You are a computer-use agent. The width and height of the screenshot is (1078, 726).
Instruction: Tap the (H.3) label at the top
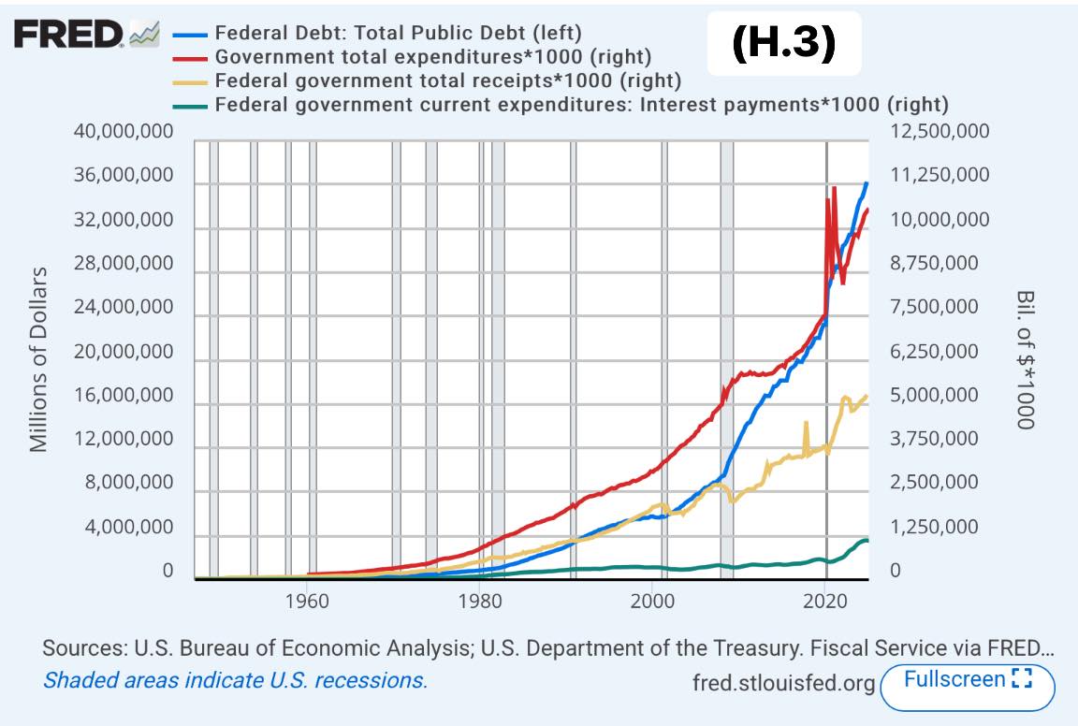[x=782, y=43]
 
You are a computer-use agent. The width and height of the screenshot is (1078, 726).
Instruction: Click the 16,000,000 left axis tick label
[x=124, y=396]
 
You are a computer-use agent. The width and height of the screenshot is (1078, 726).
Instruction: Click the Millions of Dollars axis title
[x=38, y=359]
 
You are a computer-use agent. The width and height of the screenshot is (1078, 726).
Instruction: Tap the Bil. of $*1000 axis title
[x=1025, y=359]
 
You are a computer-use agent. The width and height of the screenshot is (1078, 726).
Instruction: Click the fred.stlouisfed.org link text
[x=784, y=683]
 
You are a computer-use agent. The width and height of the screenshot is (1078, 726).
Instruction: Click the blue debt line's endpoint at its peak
[x=867, y=183]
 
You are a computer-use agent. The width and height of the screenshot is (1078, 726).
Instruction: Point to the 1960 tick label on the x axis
[x=308, y=600]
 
